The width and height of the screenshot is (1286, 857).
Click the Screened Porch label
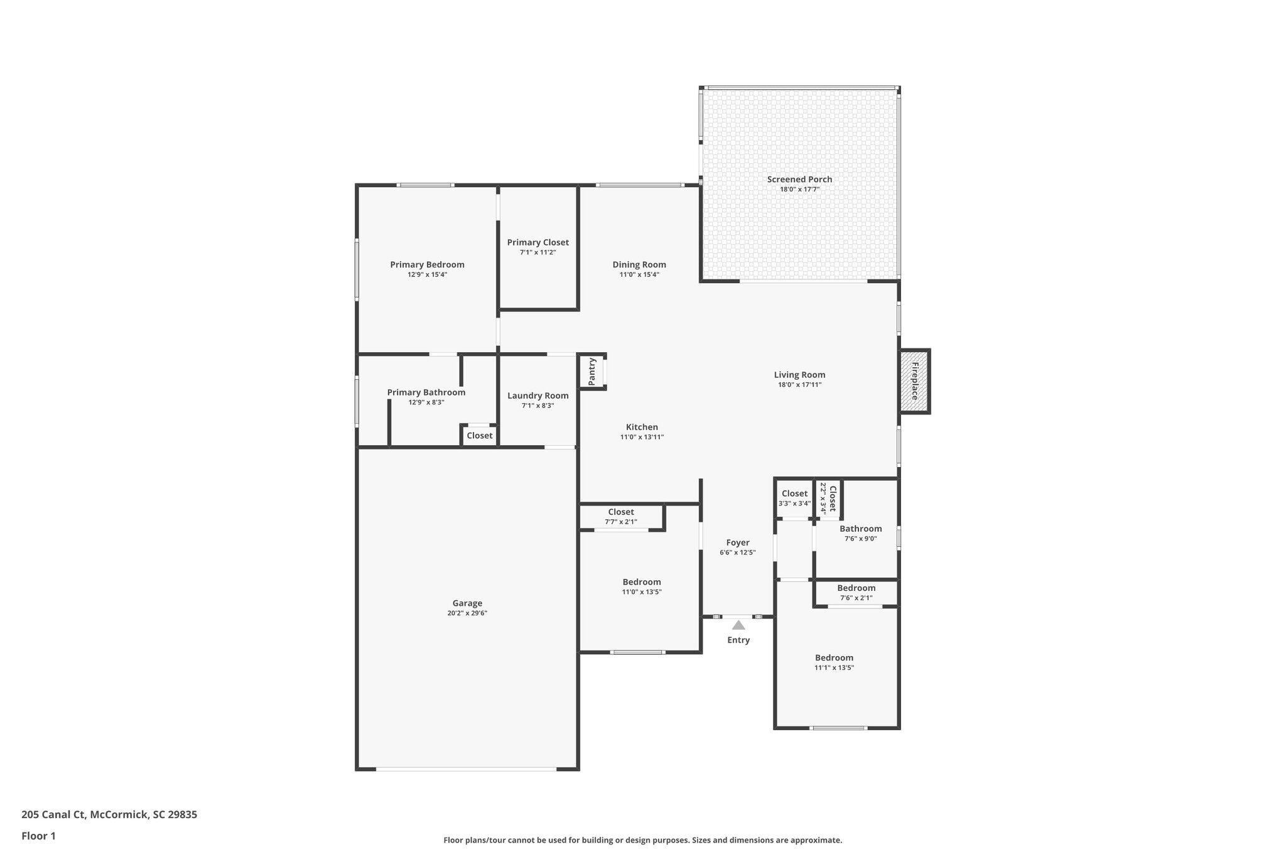click(x=799, y=180)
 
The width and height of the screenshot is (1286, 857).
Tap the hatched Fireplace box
click(x=914, y=381)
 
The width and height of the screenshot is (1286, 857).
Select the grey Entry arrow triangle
click(x=738, y=625)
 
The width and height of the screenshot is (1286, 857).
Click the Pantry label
click(x=592, y=371)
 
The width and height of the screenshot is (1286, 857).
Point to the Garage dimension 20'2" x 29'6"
click(x=467, y=613)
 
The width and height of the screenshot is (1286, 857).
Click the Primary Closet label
click(x=538, y=242)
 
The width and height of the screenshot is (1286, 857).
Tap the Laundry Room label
click(x=538, y=396)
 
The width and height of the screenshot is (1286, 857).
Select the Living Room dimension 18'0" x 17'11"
click(x=799, y=385)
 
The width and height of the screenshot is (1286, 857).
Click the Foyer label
click(x=738, y=542)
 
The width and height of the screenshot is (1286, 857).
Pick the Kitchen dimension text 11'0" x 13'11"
click(x=642, y=437)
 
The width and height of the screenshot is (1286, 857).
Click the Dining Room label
click(x=639, y=265)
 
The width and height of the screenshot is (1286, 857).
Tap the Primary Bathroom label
click(x=426, y=392)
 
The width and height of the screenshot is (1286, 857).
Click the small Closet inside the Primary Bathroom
click(x=480, y=436)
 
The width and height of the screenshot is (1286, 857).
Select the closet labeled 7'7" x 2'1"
click(x=621, y=517)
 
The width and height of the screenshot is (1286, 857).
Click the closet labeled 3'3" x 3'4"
click(x=794, y=498)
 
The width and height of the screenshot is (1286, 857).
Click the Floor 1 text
click(x=39, y=836)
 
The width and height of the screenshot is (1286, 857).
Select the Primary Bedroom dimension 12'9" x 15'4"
click(x=427, y=274)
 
